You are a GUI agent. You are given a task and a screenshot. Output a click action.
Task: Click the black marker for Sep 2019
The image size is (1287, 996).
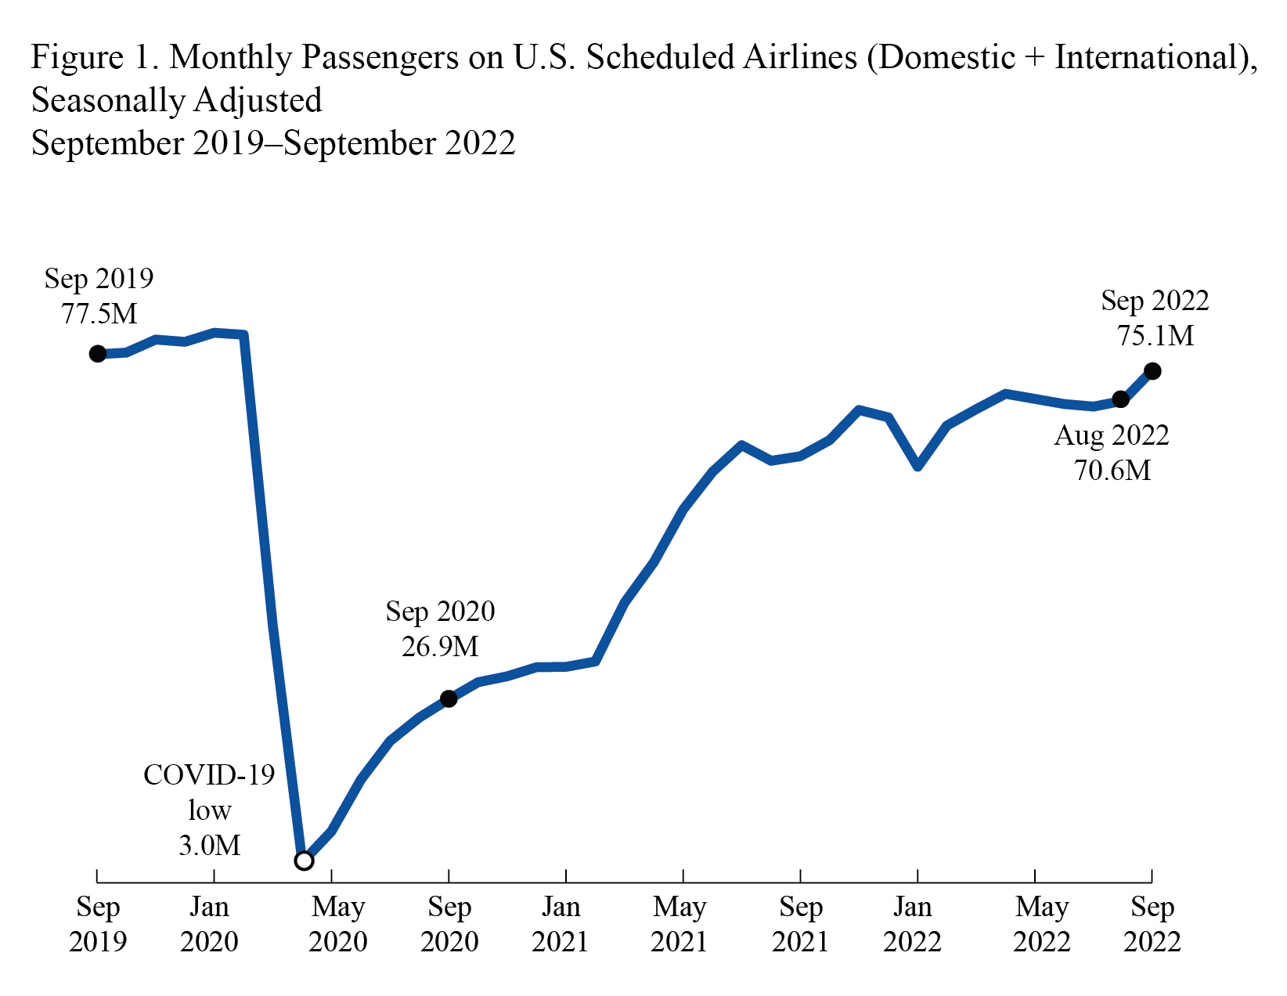[98, 354]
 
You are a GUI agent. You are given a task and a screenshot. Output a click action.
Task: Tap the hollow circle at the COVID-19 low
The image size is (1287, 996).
[304, 861]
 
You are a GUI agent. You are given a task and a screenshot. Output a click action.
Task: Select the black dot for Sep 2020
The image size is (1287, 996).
[449, 698]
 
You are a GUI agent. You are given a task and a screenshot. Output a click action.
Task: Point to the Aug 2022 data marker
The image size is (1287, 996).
[1120, 399]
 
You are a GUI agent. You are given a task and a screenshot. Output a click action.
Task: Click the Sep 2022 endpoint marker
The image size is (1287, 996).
[1152, 371]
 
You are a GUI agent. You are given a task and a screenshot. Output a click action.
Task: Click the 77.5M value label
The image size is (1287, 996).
[99, 314]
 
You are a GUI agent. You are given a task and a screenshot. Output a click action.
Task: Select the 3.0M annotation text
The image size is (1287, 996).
[209, 846]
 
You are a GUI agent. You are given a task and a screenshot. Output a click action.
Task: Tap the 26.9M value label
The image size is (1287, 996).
[440, 647]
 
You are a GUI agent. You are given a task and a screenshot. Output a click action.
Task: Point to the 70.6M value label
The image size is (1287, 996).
[1112, 471]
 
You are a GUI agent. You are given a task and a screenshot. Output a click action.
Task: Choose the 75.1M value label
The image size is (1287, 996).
[1155, 336]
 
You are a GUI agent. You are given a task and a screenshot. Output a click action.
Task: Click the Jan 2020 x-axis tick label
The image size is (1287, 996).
[209, 924]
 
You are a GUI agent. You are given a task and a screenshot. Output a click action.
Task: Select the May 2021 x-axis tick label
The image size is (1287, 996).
[680, 924]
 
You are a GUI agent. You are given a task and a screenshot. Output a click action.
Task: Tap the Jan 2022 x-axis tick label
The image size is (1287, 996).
[913, 924]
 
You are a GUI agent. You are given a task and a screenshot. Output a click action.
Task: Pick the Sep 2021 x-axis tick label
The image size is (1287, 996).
[800, 924]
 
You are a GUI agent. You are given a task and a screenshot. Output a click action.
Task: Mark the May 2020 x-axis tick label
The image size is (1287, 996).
[337, 924]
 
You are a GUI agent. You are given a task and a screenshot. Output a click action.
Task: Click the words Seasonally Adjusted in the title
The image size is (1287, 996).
[176, 100]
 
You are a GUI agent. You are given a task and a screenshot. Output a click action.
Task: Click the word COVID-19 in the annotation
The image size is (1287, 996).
[209, 775]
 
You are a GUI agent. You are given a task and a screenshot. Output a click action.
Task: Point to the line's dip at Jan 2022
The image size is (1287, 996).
[918, 466]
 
